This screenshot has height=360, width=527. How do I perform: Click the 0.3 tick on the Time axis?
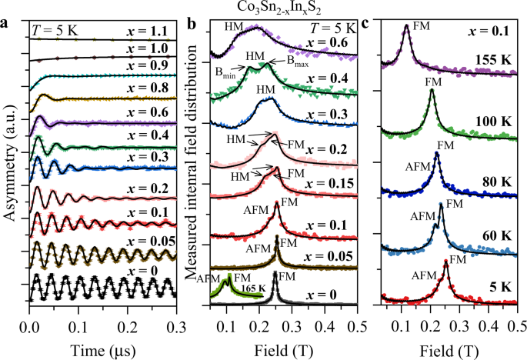(x=176, y=325)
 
